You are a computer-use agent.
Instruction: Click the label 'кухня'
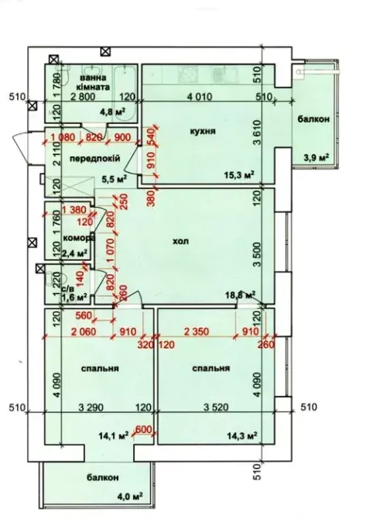pos(201,132)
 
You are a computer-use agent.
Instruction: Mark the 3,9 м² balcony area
pos(316,157)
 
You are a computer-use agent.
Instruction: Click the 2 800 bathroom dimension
pos(83,97)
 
